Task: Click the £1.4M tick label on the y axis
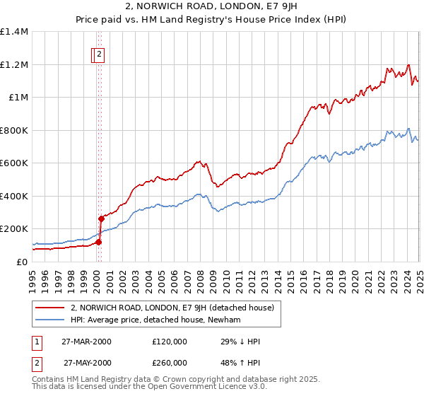pyautogui.click(x=13, y=32)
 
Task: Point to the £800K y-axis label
pyautogui.click(x=13, y=130)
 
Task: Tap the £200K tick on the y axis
pyautogui.click(x=13, y=229)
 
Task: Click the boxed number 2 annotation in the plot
pyautogui.click(x=100, y=54)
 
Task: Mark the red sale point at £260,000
pyautogui.click(x=101, y=219)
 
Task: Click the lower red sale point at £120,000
pyautogui.click(x=99, y=242)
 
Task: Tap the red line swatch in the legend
pyautogui.click(x=51, y=307)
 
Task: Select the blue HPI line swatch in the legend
pyautogui.click(x=51, y=320)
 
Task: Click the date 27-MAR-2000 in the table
pyautogui.click(x=87, y=342)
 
